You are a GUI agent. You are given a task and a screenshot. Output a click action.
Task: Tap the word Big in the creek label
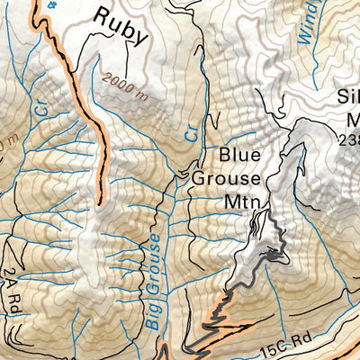point(151,310)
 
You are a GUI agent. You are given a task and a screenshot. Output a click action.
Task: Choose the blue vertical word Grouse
point(155,259)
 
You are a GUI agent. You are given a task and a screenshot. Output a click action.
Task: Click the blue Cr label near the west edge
point(40,105)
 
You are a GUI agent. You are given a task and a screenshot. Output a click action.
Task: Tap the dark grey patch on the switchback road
point(272,256)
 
